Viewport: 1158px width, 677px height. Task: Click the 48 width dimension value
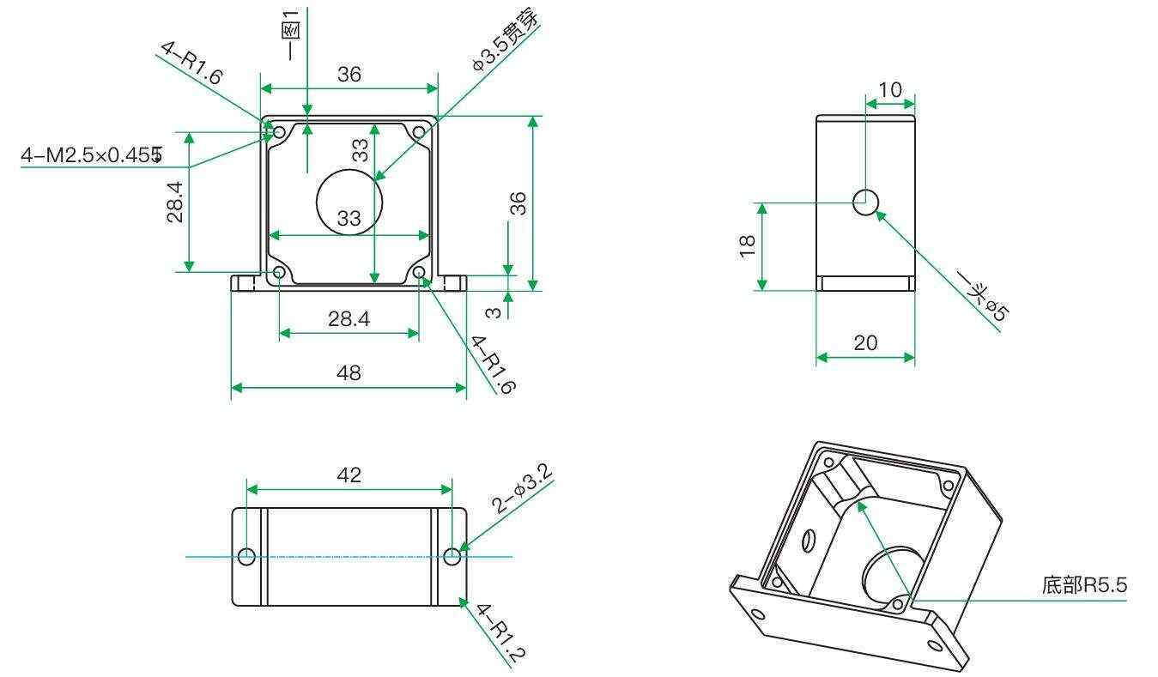click(x=349, y=372)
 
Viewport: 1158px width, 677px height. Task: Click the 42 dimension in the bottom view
click(x=349, y=475)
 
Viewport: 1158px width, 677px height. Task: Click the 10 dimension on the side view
click(x=890, y=90)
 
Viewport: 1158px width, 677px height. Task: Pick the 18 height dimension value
click(x=747, y=245)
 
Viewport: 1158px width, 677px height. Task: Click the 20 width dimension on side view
click(x=865, y=343)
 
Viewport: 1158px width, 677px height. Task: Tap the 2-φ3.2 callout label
click(x=522, y=488)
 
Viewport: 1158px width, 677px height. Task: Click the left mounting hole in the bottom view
click(x=246, y=557)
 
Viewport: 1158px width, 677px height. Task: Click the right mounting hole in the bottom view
click(x=452, y=557)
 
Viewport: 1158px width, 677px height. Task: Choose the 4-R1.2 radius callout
click(x=500, y=633)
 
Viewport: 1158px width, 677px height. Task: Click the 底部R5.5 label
click(x=1084, y=585)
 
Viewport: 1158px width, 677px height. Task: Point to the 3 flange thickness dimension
click(x=494, y=312)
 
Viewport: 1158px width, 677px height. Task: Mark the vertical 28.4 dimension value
click(x=175, y=202)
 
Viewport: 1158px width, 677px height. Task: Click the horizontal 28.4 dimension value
click(x=349, y=319)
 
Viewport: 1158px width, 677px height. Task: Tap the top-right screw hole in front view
click(x=419, y=133)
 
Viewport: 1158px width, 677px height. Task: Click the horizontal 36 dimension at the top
click(x=349, y=75)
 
